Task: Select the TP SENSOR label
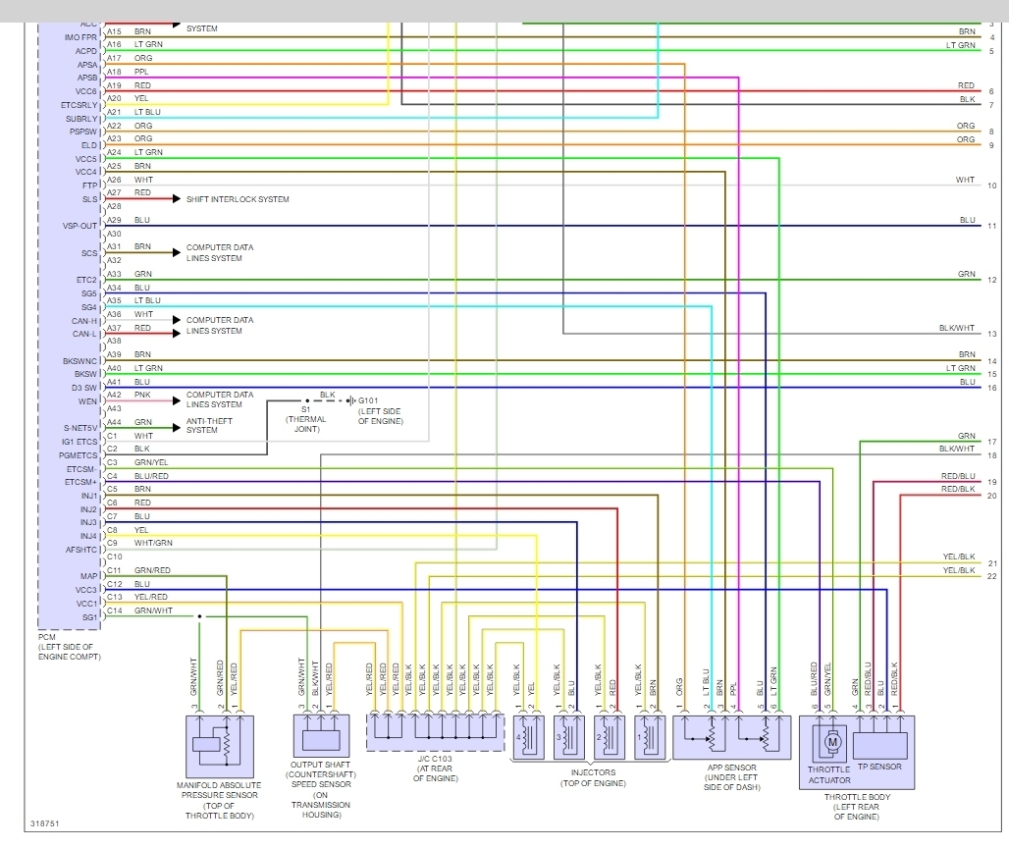(x=878, y=767)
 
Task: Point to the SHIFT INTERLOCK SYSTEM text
(x=238, y=199)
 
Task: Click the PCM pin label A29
(x=114, y=220)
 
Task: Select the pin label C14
(x=114, y=609)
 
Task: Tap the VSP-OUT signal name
(x=81, y=226)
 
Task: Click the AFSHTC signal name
(x=81, y=550)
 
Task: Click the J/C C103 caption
(x=435, y=772)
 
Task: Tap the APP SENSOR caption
(x=731, y=772)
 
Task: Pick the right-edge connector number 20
(x=992, y=496)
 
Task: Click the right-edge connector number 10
(x=992, y=185)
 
